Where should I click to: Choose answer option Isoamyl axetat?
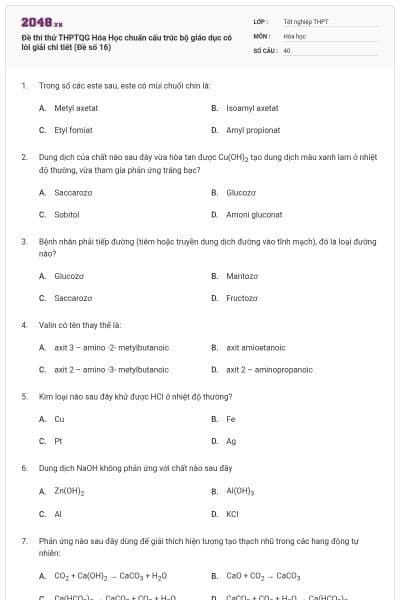[252, 107]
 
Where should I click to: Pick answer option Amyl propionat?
[253, 130]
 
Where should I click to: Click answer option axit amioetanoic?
[256, 347]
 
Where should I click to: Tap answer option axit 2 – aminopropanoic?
[266, 370]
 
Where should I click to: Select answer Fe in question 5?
[231, 419]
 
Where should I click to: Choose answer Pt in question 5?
[58, 441]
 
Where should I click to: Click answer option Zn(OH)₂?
[69, 491]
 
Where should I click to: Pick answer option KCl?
[233, 514]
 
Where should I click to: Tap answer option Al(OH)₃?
[241, 491]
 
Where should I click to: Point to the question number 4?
[23, 325]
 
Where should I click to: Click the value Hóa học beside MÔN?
[294, 34]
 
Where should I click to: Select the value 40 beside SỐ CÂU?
[287, 49]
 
